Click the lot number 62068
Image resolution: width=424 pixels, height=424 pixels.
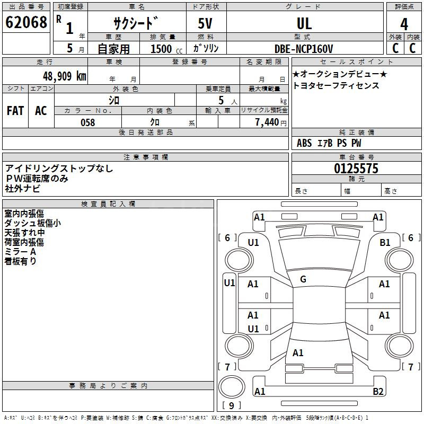(26, 22)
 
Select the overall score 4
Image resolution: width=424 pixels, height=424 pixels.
(404, 24)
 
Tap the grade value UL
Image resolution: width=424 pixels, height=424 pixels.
(304, 23)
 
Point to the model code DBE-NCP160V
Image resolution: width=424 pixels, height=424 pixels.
(303, 49)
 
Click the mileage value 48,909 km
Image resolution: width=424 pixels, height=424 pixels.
(64, 76)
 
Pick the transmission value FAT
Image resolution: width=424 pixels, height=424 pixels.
(15, 111)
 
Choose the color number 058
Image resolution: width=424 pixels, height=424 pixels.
(88, 122)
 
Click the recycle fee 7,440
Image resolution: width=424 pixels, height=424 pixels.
(267, 122)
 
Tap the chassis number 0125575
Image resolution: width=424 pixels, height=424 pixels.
(356, 169)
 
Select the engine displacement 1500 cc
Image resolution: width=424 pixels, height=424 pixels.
(166, 49)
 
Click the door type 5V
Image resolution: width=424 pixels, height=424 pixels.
(205, 23)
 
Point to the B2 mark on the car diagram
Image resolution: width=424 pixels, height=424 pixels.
(378, 391)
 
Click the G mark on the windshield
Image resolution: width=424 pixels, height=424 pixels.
(303, 279)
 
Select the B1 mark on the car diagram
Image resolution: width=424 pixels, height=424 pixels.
(385, 243)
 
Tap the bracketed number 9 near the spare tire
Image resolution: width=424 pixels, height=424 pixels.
(231, 405)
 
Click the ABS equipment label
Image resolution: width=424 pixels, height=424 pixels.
(304, 143)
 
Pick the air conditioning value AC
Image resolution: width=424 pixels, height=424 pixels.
(41, 111)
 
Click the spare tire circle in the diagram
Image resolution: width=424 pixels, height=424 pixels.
(232, 387)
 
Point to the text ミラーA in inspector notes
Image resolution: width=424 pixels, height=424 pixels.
(20, 252)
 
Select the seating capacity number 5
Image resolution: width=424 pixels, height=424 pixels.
(221, 100)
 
